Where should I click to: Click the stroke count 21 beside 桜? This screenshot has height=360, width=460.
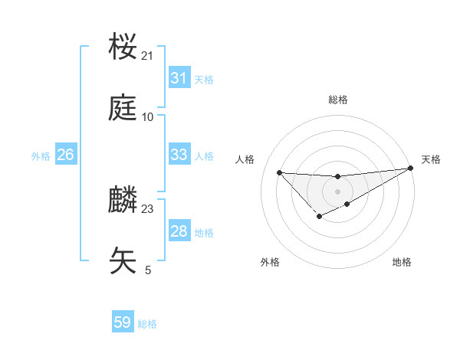tap(147, 56)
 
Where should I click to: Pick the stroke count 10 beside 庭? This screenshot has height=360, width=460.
tap(147, 117)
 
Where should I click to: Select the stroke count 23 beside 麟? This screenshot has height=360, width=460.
tap(147, 208)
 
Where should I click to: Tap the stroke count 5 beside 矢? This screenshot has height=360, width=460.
tap(148, 270)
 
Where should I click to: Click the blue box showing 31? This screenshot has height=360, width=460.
tap(179, 78)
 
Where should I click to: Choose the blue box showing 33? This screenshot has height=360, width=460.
tap(179, 155)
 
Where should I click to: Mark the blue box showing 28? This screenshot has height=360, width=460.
tap(179, 231)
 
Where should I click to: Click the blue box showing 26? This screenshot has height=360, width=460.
tap(65, 155)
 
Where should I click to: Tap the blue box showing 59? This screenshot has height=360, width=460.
tap(123, 322)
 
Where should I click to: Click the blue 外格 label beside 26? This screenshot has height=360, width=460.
tap(41, 155)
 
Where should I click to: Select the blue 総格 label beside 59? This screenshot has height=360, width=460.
tap(147, 324)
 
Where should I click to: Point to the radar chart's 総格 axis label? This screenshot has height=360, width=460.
tap(338, 100)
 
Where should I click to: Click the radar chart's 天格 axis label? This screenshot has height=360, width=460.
tap(431, 159)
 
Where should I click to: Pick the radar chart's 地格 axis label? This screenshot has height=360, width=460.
tap(402, 262)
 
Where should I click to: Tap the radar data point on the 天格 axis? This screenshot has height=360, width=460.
tap(410, 168)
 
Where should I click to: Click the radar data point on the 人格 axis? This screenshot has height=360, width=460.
tap(279, 172)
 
